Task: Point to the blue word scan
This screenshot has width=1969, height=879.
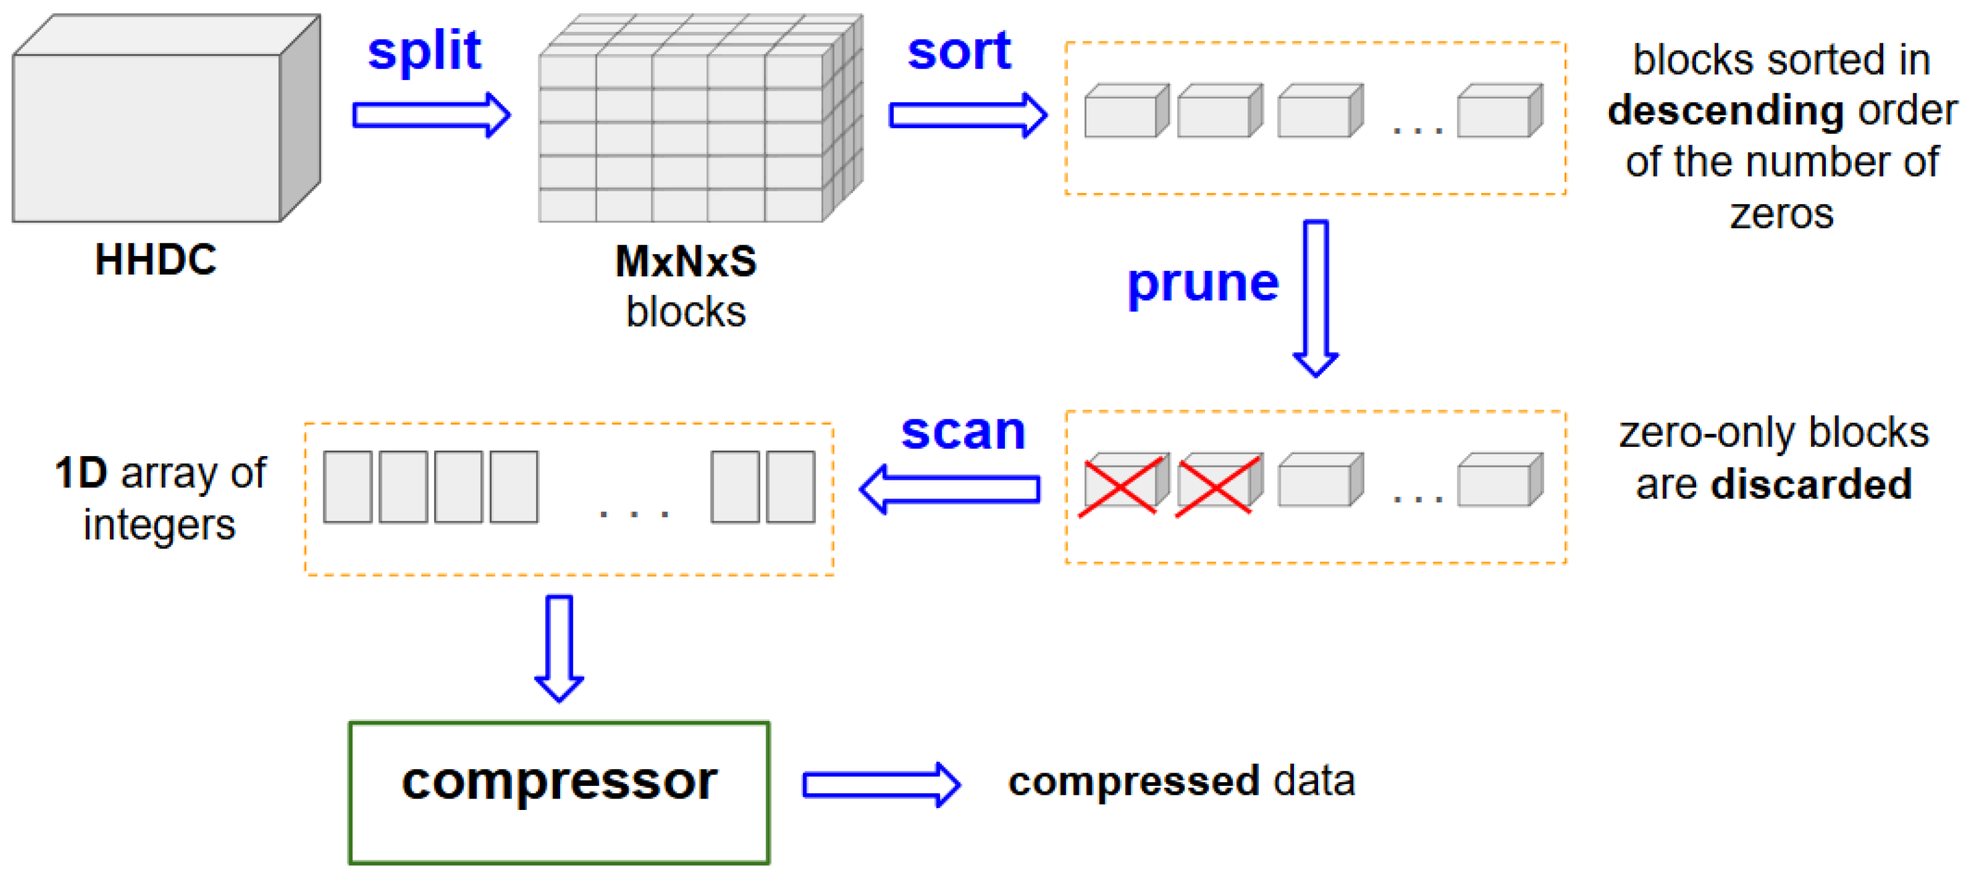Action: (x=962, y=432)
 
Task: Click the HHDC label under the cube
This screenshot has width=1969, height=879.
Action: (x=156, y=260)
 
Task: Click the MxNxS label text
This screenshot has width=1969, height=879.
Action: (x=686, y=261)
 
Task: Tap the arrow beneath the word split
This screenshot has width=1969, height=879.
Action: (x=431, y=115)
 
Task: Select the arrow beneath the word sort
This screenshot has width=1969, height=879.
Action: (x=968, y=115)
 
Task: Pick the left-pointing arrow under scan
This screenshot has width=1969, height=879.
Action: (x=950, y=489)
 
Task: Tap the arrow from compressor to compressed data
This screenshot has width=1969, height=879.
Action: (x=881, y=784)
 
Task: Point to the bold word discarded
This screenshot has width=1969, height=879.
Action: (x=1811, y=485)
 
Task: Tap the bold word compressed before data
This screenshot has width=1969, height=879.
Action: (x=1133, y=781)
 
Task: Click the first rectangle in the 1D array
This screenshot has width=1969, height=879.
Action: (x=348, y=487)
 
